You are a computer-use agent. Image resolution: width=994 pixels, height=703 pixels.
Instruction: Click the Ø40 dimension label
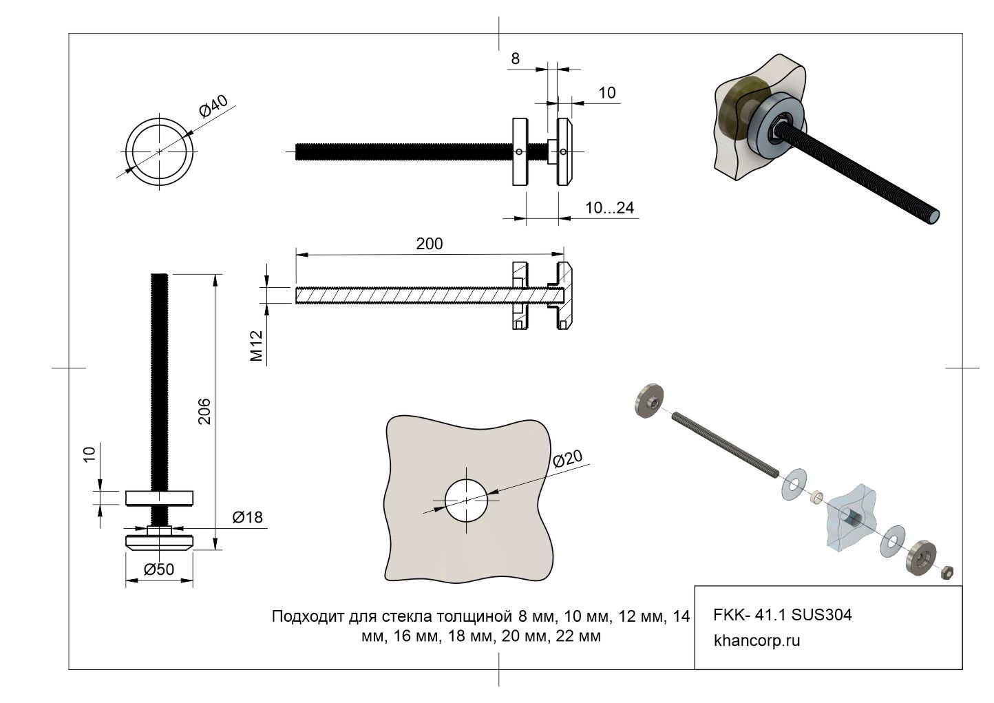click(213, 106)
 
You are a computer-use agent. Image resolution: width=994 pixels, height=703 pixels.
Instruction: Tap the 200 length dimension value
click(430, 244)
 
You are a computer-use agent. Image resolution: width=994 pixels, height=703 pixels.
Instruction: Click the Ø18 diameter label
click(247, 517)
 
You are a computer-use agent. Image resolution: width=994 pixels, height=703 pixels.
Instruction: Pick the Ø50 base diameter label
click(158, 569)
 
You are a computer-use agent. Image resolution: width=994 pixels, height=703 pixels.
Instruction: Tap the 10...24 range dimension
click(609, 207)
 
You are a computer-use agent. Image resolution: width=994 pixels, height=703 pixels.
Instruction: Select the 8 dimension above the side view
click(515, 59)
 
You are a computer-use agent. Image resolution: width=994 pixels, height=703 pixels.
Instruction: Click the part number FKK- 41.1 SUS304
click(783, 614)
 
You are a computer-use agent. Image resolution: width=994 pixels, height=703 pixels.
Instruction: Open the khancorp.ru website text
click(757, 640)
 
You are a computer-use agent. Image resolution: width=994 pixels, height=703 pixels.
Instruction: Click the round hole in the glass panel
click(466, 500)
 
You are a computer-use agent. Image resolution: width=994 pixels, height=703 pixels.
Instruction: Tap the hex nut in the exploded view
click(947, 572)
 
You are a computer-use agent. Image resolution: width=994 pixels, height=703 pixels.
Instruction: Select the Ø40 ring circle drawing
click(159, 151)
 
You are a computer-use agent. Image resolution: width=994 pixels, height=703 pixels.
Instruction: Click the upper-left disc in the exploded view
click(646, 401)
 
